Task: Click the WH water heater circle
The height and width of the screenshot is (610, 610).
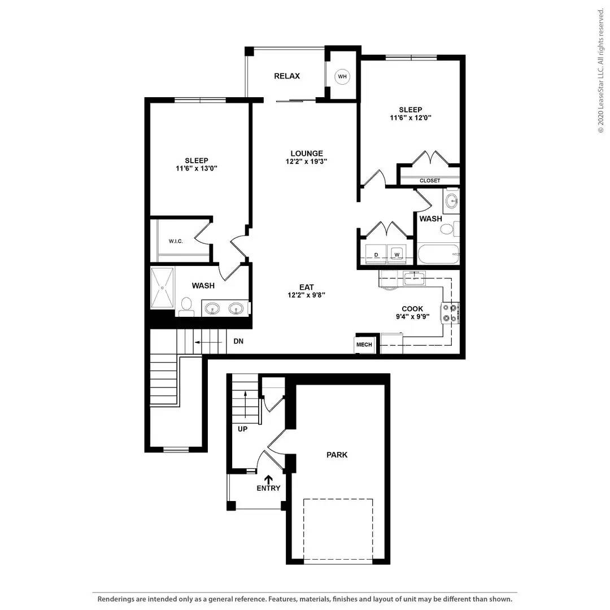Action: [x=342, y=77]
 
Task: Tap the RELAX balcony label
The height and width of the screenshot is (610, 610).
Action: [x=287, y=76]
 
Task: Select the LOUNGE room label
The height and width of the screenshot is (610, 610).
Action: [x=307, y=154]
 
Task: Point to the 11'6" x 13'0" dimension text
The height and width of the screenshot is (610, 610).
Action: [x=197, y=168]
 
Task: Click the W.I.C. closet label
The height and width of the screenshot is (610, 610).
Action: [x=176, y=241]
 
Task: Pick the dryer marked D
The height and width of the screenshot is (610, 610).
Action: [x=376, y=254]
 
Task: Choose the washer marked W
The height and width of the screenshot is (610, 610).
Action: [x=397, y=254]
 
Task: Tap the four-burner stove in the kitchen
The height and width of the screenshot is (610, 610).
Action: [x=450, y=313]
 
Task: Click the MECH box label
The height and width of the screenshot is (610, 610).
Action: [x=364, y=345]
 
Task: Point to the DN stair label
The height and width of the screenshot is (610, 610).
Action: [x=238, y=341]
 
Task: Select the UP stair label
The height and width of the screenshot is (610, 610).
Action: [x=242, y=429]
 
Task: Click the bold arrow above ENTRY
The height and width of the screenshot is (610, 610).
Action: [x=268, y=480]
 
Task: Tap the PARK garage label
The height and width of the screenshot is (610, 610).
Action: [x=337, y=455]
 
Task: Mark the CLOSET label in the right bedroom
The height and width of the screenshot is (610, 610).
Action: [x=430, y=181]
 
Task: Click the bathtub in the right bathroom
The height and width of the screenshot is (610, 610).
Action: [x=438, y=254]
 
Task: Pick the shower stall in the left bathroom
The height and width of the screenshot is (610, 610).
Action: [x=163, y=287]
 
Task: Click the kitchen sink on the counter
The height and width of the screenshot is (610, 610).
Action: [x=414, y=278]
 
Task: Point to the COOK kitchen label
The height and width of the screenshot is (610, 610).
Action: [x=412, y=309]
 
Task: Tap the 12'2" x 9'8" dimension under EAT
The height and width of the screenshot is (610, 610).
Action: [x=307, y=295]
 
